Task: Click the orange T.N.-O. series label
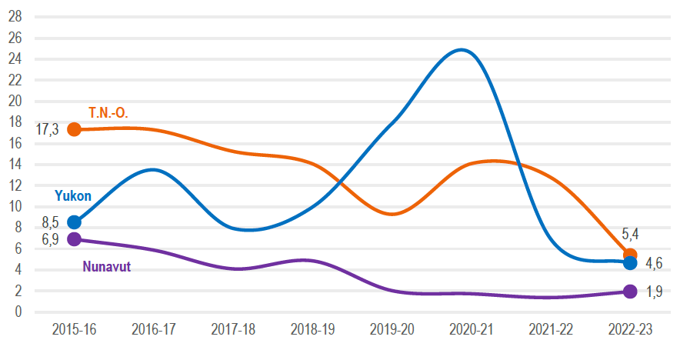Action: tap(108, 113)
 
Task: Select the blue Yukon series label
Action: tap(73, 196)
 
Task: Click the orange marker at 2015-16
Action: tap(74, 129)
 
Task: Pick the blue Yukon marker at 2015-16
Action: tap(74, 222)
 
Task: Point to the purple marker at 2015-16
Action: tap(74, 239)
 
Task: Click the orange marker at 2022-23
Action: tap(630, 255)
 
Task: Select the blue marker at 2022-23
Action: tap(630, 263)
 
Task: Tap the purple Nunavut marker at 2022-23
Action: tap(630, 292)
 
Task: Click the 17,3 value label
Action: tap(47, 130)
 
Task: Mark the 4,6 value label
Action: tap(654, 264)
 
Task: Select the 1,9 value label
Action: tap(654, 292)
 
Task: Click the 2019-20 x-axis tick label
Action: tap(392, 329)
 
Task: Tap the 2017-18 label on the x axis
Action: tap(232, 329)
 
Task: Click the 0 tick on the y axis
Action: tap(19, 312)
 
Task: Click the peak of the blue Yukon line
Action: tap(461, 50)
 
